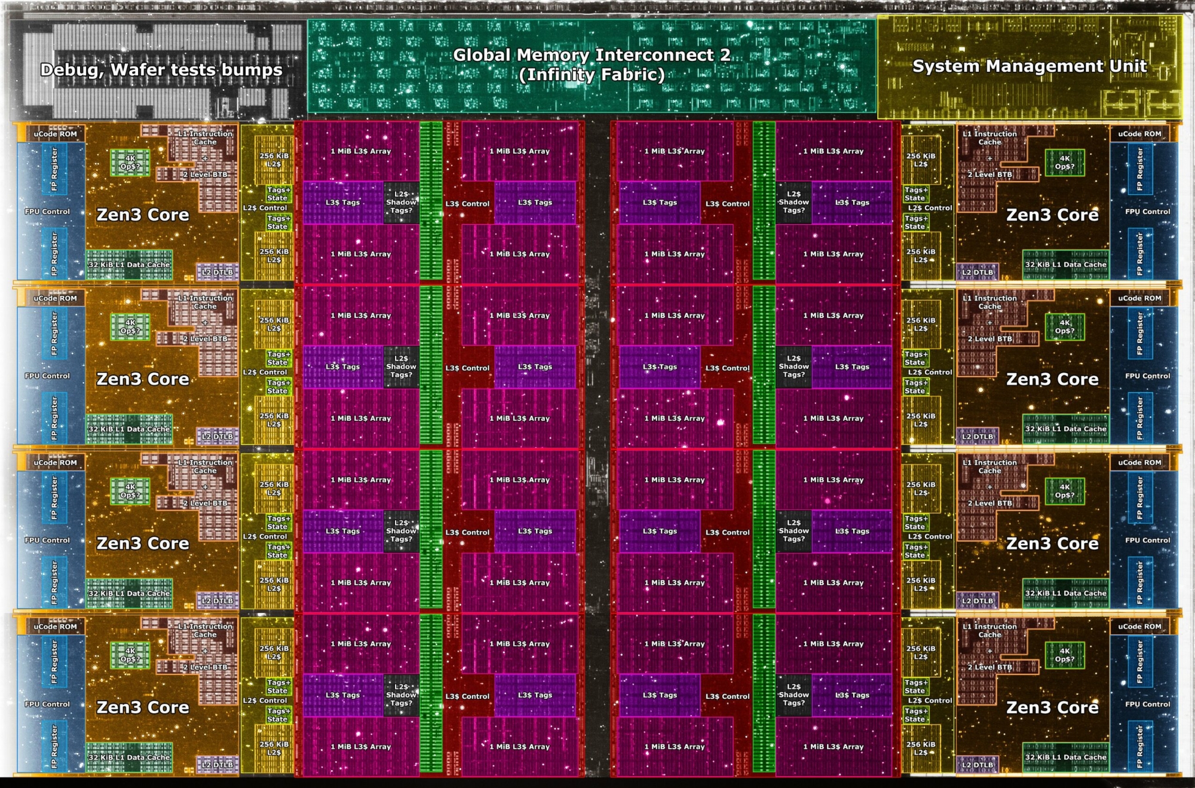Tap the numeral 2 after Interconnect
point(725,55)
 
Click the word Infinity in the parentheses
point(556,75)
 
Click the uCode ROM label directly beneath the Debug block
point(55,134)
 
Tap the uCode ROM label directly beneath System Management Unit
point(1139,134)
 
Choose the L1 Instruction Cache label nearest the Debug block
point(205,138)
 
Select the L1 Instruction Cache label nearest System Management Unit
point(989,138)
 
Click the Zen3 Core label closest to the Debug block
point(143,215)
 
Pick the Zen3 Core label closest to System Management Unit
point(1052,215)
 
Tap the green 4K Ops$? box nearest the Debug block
point(130,163)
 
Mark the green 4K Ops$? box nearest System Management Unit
point(1064,163)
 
